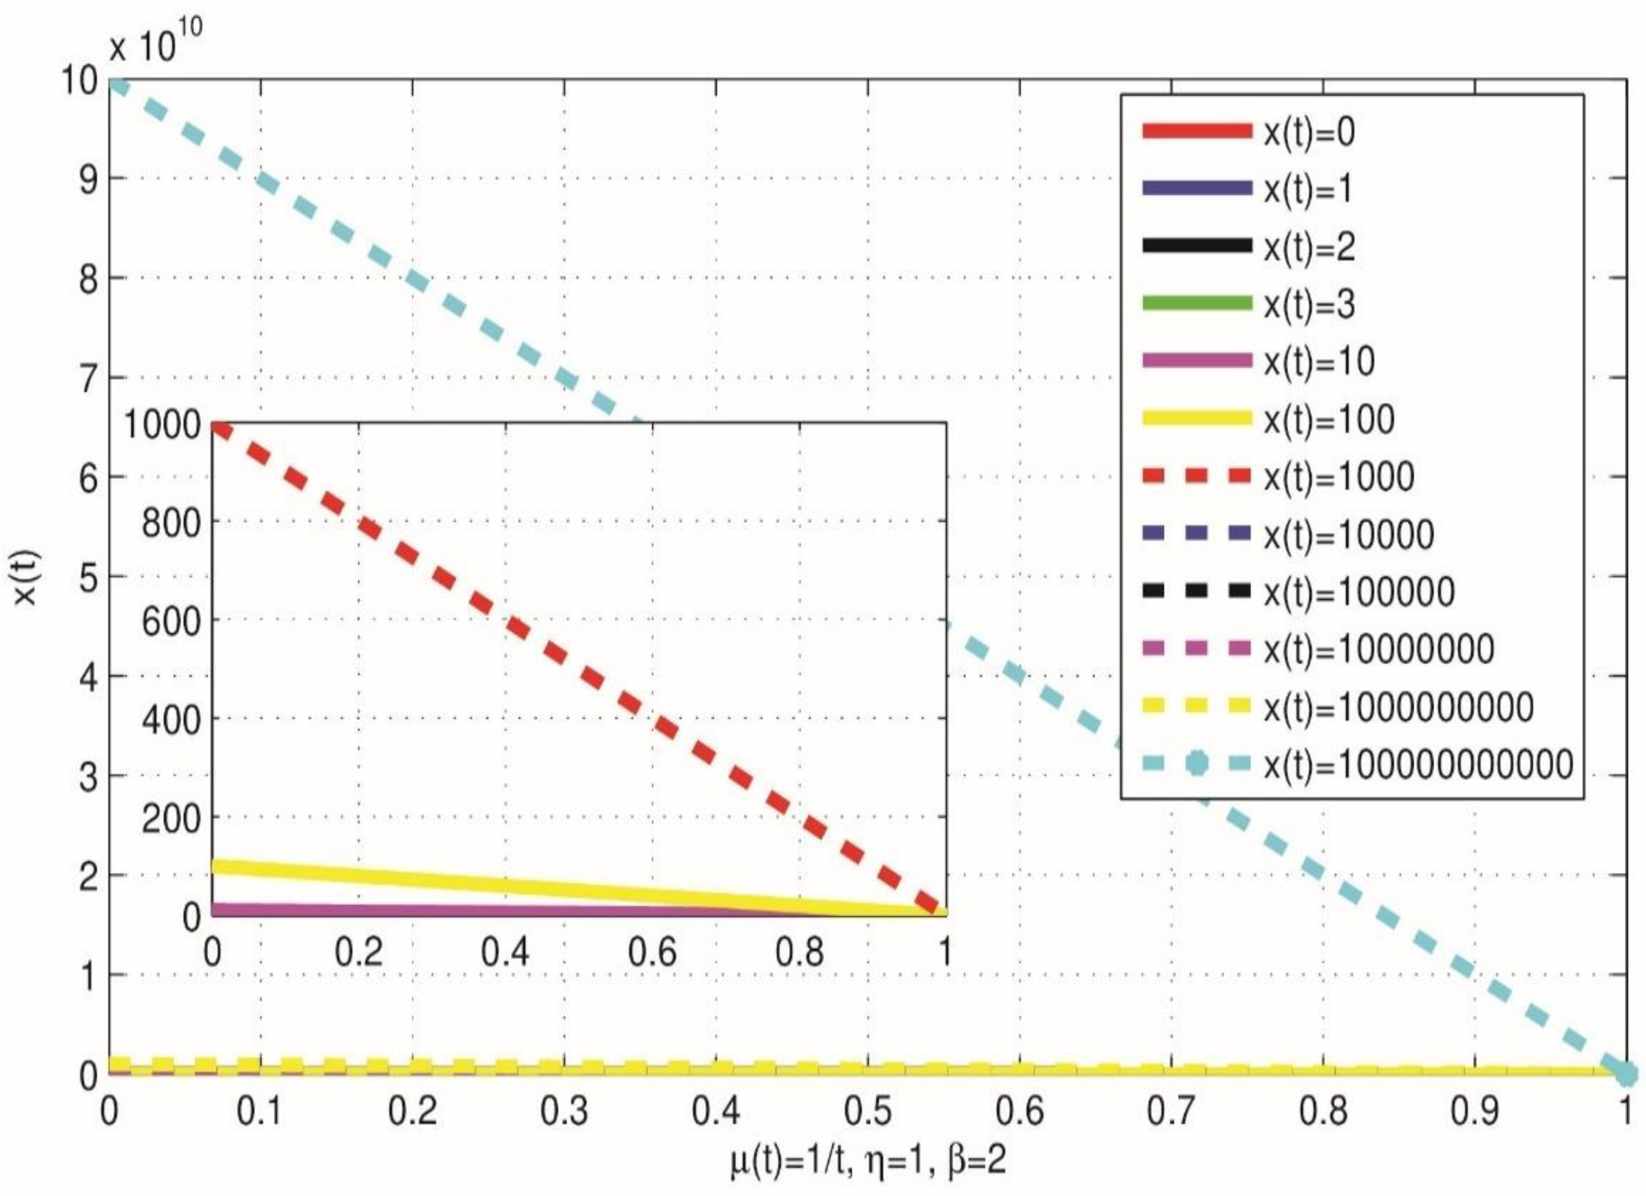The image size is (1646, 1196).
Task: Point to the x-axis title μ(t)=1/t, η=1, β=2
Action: pos(868,1160)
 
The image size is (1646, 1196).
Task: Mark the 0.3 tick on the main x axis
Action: pos(564,1110)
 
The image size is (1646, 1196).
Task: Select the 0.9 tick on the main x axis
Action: pos(1475,1110)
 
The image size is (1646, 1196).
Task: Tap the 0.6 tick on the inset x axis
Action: pos(652,952)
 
